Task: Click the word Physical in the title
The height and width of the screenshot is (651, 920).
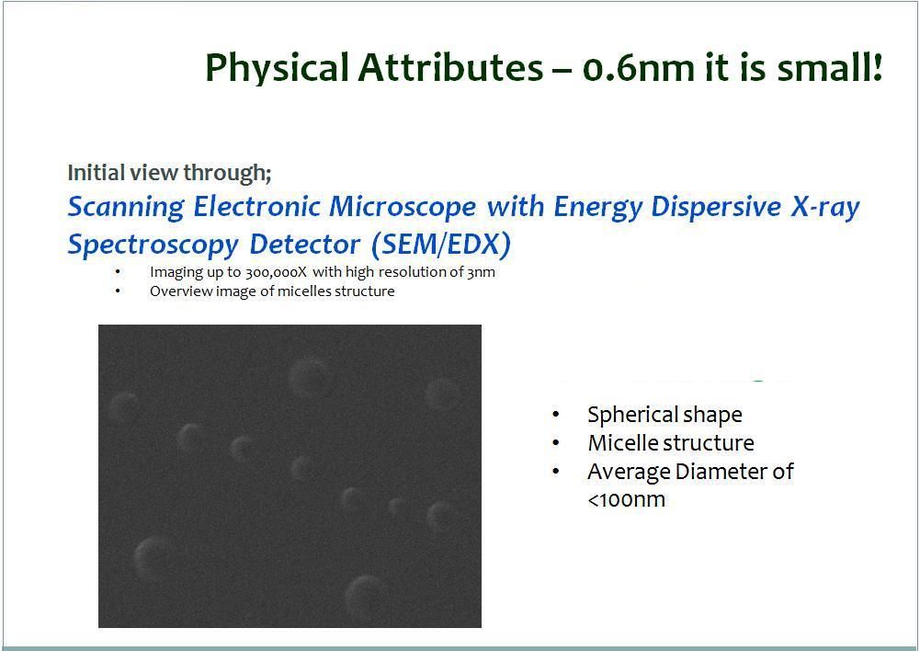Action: (x=277, y=68)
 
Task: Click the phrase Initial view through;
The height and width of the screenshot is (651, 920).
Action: (x=169, y=173)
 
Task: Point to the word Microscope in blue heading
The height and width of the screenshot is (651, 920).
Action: (x=403, y=206)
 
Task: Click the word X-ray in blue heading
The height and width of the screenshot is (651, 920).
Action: (x=825, y=207)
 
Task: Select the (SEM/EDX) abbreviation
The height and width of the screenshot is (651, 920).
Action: (x=441, y=245)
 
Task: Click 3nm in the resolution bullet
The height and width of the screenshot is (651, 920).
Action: (x=481, y=272)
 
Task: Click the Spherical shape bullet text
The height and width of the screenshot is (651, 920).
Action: (x=664, y=415)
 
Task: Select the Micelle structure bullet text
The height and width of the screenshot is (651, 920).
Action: (x=671, y=442)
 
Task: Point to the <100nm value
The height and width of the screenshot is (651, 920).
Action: (x=626, y=500)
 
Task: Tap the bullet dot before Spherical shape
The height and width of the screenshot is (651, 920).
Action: (x=556, y=415)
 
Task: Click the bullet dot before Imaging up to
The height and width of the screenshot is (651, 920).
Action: (x=118, y=271)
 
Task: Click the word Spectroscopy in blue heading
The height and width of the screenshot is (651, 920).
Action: (x=153, y=245)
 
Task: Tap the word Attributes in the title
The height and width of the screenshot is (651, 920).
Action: (x=450, y=67)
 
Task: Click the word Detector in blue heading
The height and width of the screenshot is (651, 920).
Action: (x=304, y=245)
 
